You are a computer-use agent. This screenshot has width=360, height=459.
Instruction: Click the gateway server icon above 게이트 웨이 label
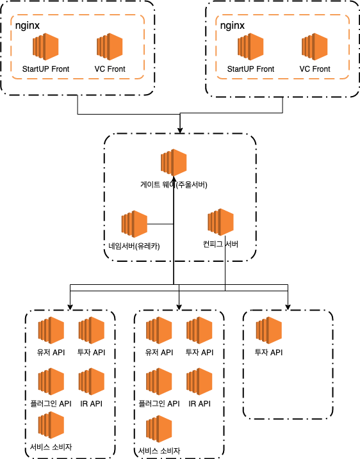[x=174, y=163]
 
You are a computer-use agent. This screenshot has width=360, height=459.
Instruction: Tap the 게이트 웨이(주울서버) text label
[x=174, y=185]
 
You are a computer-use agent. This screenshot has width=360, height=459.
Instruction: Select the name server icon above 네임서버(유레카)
[x=135, y=224]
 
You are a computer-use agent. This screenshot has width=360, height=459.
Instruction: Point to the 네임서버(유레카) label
[x=134, y=246]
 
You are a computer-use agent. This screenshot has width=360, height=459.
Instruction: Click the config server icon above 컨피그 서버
[x=220, y=222]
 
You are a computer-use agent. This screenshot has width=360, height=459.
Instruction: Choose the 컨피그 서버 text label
[x=220, y=244]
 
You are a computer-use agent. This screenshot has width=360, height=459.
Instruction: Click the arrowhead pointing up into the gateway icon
[x=174, y=179]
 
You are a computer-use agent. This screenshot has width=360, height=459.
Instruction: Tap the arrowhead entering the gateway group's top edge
[x=180, y=130]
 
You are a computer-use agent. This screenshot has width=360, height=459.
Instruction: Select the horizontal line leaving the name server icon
[x=160, y=224]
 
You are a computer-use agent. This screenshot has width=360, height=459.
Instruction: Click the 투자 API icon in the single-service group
[x=269, y=330]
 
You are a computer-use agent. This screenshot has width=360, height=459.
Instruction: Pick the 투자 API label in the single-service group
[x=269, y=352]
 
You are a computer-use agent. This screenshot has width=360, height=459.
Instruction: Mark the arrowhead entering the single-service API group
[x=288, y=307]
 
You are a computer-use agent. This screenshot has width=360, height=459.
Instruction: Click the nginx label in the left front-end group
[x=28, y=26]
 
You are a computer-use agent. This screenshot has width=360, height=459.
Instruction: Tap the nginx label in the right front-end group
[x=233, y=26]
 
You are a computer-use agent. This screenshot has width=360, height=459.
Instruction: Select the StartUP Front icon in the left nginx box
[x=45, y=47]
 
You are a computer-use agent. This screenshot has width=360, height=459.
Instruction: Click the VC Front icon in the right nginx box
[x=315, y=47]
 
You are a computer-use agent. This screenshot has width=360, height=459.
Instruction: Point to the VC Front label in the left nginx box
[x=110, y=68]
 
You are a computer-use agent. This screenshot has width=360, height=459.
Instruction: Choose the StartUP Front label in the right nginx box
[x=250, y=68]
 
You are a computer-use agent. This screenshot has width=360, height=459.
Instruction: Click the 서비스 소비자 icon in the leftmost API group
[x=51, y=425]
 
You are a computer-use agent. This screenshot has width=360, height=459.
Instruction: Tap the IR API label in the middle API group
[x=199, y=404]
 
